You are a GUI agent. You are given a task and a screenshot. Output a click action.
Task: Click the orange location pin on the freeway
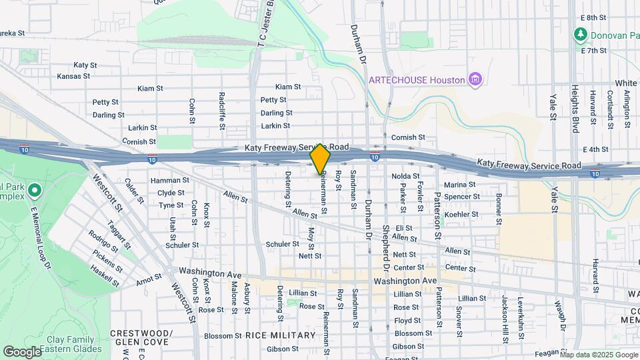point(320,159)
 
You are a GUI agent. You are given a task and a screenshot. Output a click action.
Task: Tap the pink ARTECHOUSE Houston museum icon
point(475,80)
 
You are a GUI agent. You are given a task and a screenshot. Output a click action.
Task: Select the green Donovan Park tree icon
point(580,34)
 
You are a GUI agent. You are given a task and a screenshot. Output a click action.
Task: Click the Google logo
point(22,351)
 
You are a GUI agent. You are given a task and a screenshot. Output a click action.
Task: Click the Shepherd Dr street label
point(385,246)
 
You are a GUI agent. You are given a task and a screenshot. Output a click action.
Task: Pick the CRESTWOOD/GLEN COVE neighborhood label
point(141,337)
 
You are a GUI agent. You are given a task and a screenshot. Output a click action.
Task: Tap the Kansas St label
point(73,76)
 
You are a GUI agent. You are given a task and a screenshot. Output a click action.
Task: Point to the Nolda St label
point(405,176)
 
